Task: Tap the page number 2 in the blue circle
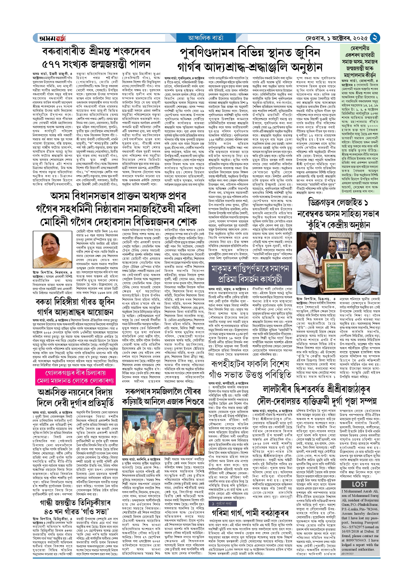pos(375,38)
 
